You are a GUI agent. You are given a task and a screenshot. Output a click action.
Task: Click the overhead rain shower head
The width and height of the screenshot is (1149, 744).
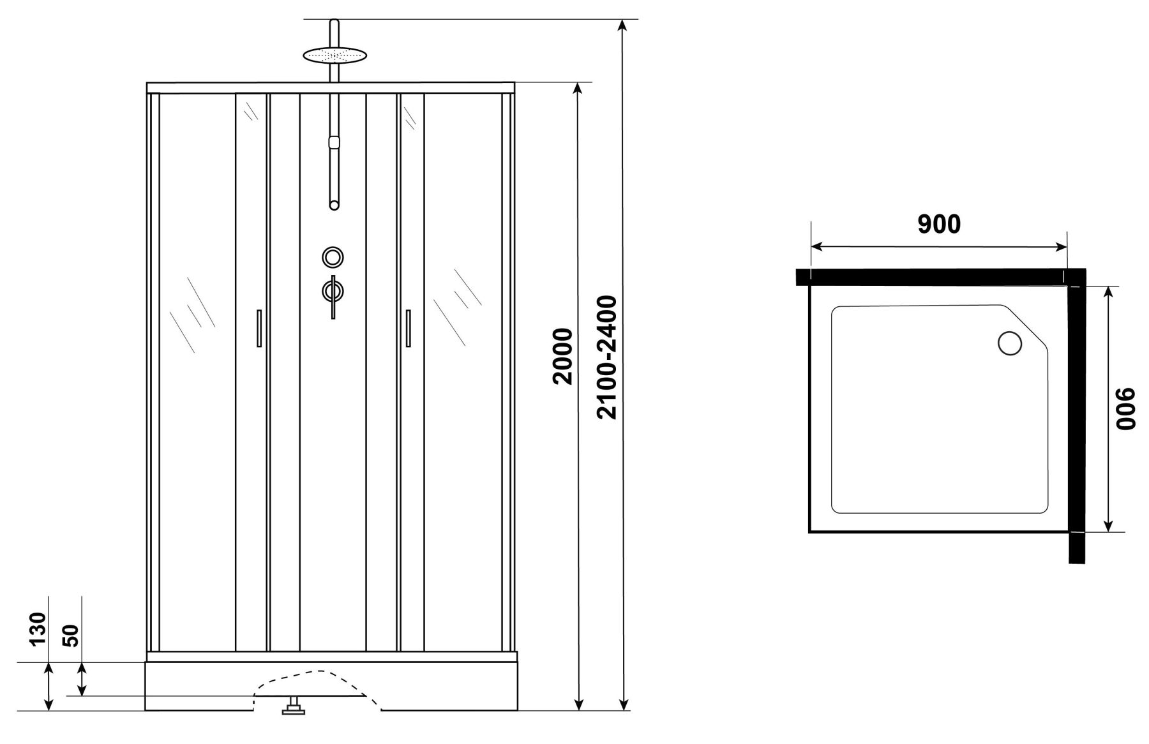click(x=335, y=55)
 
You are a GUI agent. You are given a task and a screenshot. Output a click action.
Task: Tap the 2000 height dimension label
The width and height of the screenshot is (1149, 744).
click(x=563, y=356)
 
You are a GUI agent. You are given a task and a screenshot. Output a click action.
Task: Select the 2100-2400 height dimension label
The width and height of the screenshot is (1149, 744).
click(x=606, y=357)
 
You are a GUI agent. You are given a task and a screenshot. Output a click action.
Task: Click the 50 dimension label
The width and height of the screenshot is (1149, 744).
click(x=71, y=635)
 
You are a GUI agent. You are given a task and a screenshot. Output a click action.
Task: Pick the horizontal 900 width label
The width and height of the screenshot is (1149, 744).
click(x=938, y=224)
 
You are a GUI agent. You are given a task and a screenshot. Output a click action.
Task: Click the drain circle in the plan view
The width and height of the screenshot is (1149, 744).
click(x=1009, y=343)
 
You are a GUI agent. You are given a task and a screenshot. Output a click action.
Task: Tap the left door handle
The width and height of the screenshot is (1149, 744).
click(x=259, y=328)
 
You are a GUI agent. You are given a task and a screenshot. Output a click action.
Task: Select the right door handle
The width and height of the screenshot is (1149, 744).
click(x=407, y=328)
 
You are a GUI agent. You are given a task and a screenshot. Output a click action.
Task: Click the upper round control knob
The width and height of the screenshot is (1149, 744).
click(x=333, y=257)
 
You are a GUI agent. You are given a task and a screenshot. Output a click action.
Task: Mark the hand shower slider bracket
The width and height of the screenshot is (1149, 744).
click(x=333, y=142)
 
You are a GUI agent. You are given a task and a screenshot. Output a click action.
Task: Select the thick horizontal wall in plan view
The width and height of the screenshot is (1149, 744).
click(x=941, y=277)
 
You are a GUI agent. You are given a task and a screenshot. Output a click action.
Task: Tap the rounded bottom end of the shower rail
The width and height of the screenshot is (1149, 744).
click(x=334, y=205)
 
